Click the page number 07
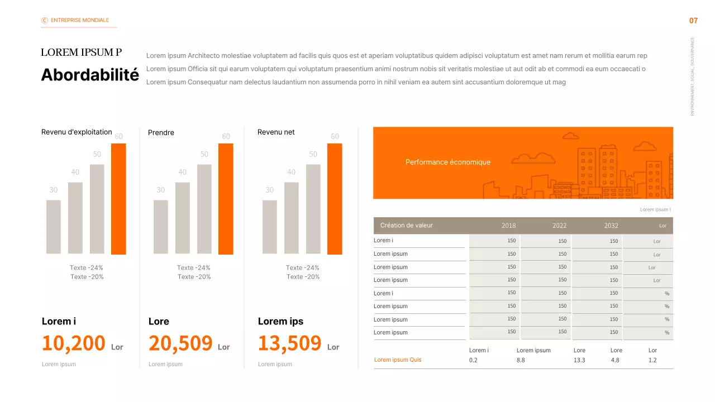click(x=693, y=21)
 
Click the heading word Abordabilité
click(x=90, y=75)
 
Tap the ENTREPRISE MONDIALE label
click(x=79, y=20)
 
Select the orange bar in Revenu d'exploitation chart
click(x=118, y=199)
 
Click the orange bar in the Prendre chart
click(x=226, y=199)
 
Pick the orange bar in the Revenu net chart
click(x=335, y=199)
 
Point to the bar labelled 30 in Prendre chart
click(x=161, y=227)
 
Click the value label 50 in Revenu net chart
click(x=313, y=154)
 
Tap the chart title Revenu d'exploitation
click(x=77, y=132)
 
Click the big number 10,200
click(x=74, y=343)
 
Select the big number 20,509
click(x=180, y=343)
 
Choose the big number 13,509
click(x=289, y=343)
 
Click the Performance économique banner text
click(x=447, y=162)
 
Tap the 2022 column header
click(x=559, y=226)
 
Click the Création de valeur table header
click(x=406, y=226)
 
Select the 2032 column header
click(x=611, y=226)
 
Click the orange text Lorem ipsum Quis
click(x=398, y=360)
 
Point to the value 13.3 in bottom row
click(x=579, y=361)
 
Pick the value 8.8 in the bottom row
click(x=521, y=361)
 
